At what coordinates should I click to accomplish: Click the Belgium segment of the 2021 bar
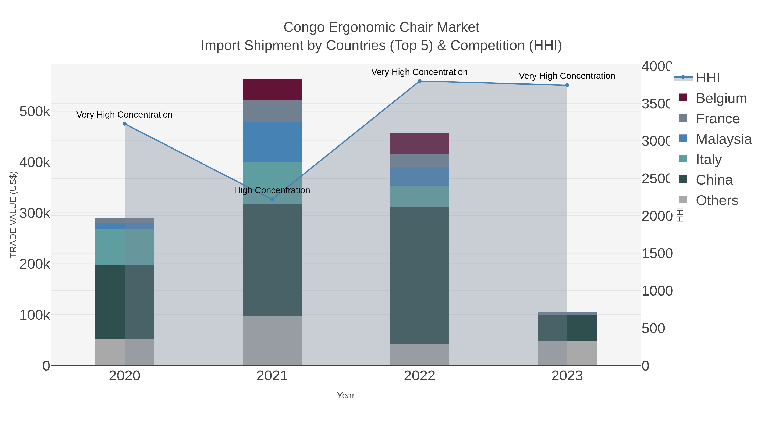coord(272,89)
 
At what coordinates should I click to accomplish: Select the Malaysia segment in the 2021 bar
coord(272,142)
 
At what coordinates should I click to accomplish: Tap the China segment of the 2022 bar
coord(419,275)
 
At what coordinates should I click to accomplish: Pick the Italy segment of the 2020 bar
coord(124,247)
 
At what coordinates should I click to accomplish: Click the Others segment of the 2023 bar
coord(567,353)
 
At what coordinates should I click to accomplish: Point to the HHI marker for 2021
coord(272,199)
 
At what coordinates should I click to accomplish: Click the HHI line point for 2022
coord(419,81)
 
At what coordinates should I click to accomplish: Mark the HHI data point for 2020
coord(125,124)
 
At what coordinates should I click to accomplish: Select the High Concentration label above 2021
coord(272,190)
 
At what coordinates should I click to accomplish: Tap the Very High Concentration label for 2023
coord(567,76)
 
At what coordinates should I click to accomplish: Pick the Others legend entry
coord(717,200)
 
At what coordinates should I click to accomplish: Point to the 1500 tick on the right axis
coord(657,253)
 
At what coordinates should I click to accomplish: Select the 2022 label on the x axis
coord(419,376)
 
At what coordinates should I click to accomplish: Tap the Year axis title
coord(346,396)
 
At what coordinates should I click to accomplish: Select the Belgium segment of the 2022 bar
coord(419,144)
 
